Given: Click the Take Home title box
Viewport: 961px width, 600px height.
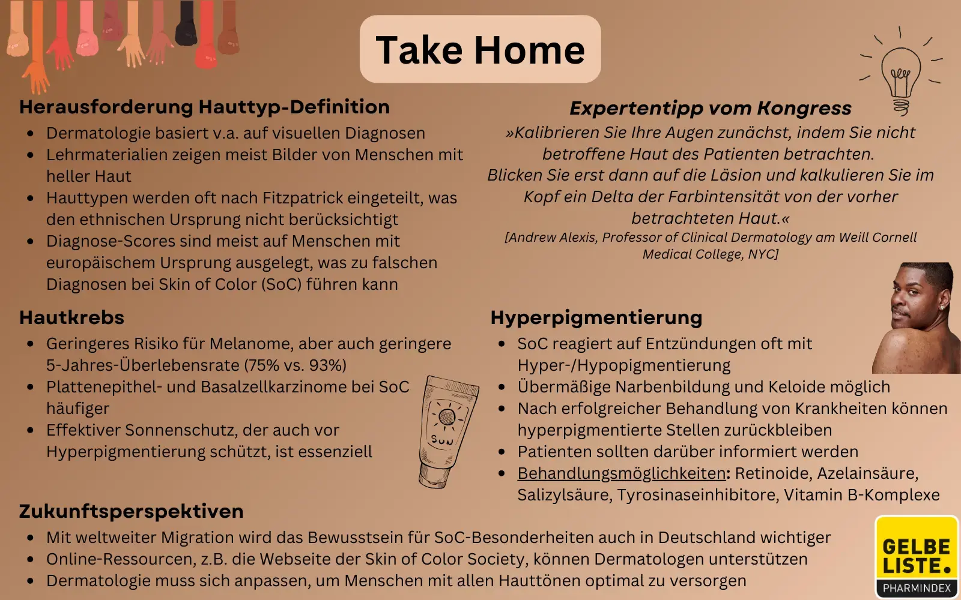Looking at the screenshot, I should coord(480,49).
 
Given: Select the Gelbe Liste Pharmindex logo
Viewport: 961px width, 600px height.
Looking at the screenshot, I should coord(916,557).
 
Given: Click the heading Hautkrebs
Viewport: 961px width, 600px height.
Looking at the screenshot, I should coord(71,317).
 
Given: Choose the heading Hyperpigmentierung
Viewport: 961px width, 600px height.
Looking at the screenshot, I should coord(596,317).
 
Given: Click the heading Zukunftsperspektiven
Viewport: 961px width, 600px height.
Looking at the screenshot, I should coord(131,511).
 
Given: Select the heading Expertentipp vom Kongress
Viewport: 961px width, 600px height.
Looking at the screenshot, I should coord(710,108).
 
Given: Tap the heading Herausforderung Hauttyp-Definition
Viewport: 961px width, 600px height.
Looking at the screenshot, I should coord(204,107).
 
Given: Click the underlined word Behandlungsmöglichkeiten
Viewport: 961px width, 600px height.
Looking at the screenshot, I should coord(622,473).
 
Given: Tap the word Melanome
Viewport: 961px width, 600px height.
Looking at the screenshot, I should coord(250,344).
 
